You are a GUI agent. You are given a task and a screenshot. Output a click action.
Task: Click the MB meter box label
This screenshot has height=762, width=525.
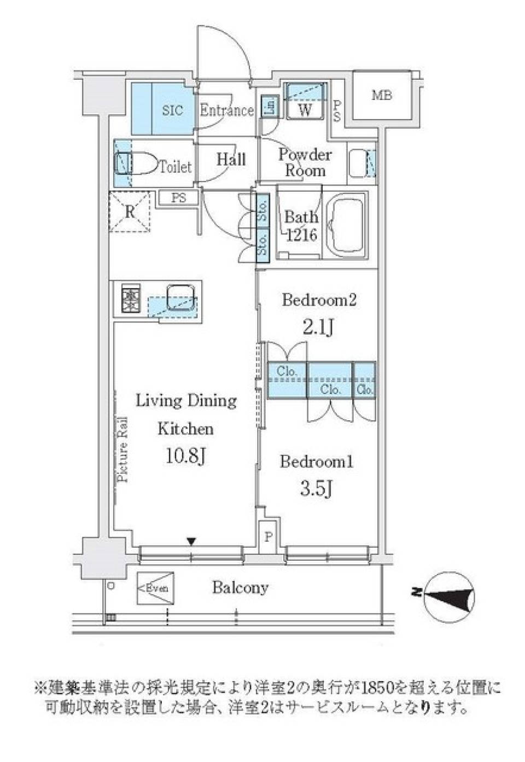pos(382,96)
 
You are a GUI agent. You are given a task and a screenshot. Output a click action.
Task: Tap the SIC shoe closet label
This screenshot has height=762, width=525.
pos(172,110)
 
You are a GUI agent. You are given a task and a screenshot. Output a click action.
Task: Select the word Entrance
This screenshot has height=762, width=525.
pos(226,110)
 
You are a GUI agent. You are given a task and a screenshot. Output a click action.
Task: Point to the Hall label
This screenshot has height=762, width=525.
pos(231,160)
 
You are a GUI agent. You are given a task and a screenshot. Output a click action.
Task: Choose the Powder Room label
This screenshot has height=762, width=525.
pos(305,162)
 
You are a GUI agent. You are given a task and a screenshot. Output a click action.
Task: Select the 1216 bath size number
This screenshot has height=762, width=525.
pos(301,236)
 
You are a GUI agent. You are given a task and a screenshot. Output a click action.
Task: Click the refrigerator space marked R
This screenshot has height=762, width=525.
pos(130,212)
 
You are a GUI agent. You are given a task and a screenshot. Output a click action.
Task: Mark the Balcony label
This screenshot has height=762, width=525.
pos(240,588)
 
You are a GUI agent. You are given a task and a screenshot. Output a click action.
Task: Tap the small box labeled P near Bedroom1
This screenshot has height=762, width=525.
pos(268,537)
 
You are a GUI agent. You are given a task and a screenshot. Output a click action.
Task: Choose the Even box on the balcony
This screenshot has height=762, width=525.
pos(155,588)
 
